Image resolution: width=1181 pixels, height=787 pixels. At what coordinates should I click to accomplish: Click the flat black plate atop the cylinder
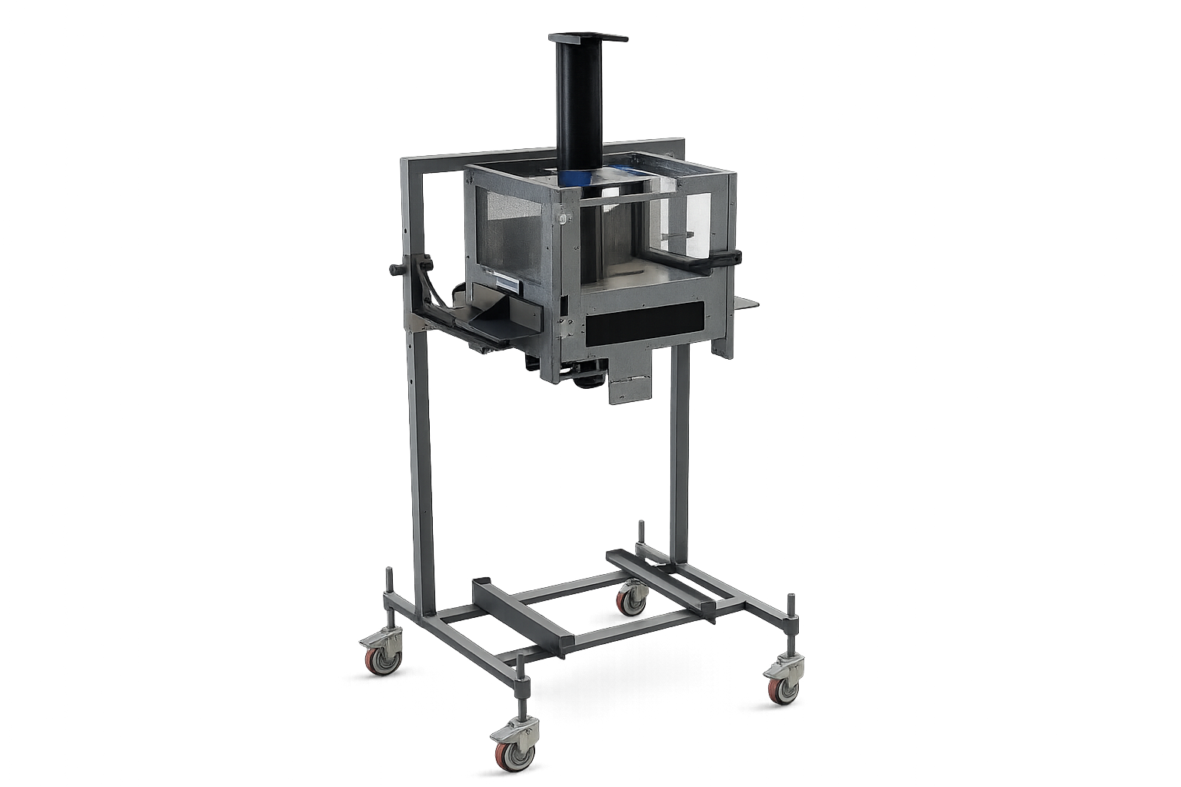[588, 37]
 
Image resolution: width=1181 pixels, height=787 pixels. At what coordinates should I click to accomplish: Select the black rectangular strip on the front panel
[644, 321]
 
